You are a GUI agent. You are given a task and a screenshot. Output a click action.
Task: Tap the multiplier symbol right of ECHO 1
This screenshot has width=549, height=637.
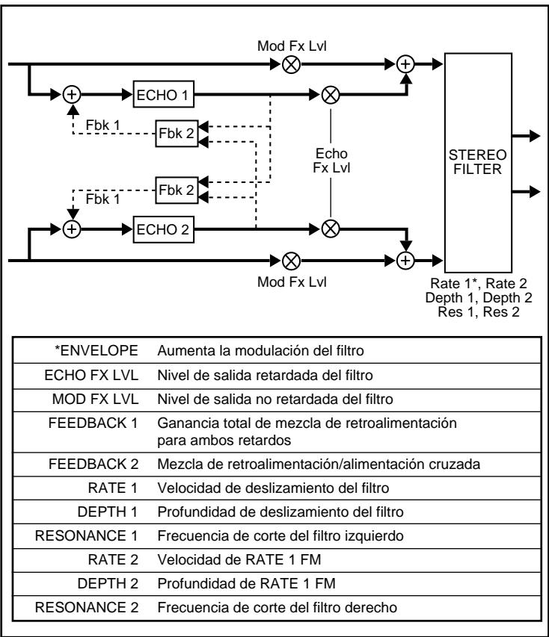[x=330, y=96]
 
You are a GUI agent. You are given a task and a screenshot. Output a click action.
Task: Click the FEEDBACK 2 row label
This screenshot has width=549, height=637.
[x=102, y=464]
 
